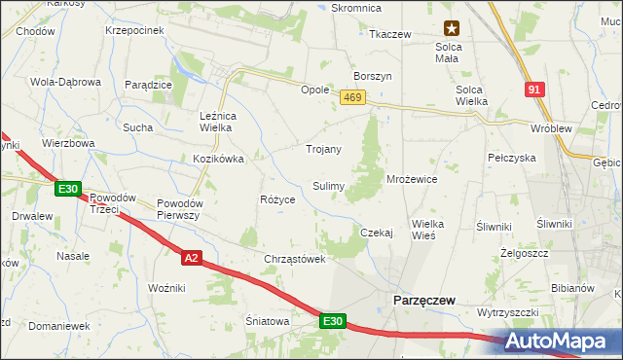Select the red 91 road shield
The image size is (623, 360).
click(534, 90)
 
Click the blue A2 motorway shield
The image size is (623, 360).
click(192, 257)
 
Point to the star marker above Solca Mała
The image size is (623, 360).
click(452, 29)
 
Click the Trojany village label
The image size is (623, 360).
click(323, 149)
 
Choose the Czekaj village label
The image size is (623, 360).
click(376, 233)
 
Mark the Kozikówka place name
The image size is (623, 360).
click(217, 158)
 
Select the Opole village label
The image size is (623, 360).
click(314, 89)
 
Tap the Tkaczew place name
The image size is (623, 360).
click(389, 34)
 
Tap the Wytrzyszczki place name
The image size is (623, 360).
click(508, 312)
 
